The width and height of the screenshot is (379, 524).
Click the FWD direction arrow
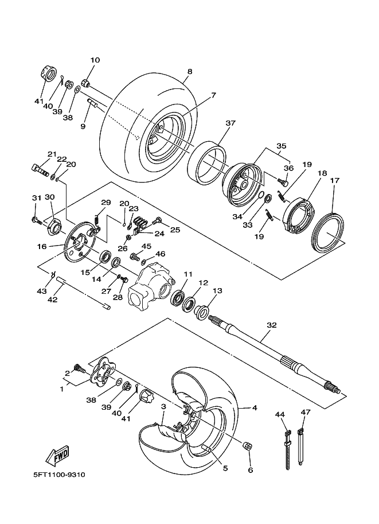[57, 455]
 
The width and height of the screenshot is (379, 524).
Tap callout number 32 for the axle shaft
[272, 325]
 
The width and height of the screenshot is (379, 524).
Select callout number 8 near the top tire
[190, 72]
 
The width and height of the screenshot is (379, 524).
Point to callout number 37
[230, 123]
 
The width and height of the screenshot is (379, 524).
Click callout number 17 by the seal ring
[335, 180]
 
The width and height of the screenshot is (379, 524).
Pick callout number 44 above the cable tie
[280, 415]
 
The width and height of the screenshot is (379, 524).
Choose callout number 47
[305, 412]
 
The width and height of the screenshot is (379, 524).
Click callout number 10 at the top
[95, 60]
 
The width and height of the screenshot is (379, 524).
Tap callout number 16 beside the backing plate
[42, 247]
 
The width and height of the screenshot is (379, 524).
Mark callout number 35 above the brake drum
[281, 146]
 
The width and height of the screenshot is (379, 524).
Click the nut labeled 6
[248, 447]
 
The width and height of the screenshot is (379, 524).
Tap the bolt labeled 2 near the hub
[80, 369]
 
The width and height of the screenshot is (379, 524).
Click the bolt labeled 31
[37, 220]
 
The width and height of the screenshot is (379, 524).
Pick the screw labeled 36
[283, 182]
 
